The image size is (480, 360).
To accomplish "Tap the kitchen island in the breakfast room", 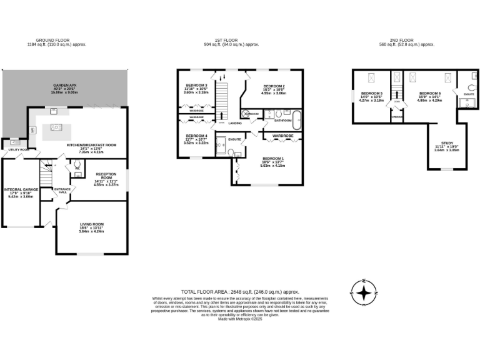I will pos(56,128).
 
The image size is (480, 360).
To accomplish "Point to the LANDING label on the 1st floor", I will pos(234,123).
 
